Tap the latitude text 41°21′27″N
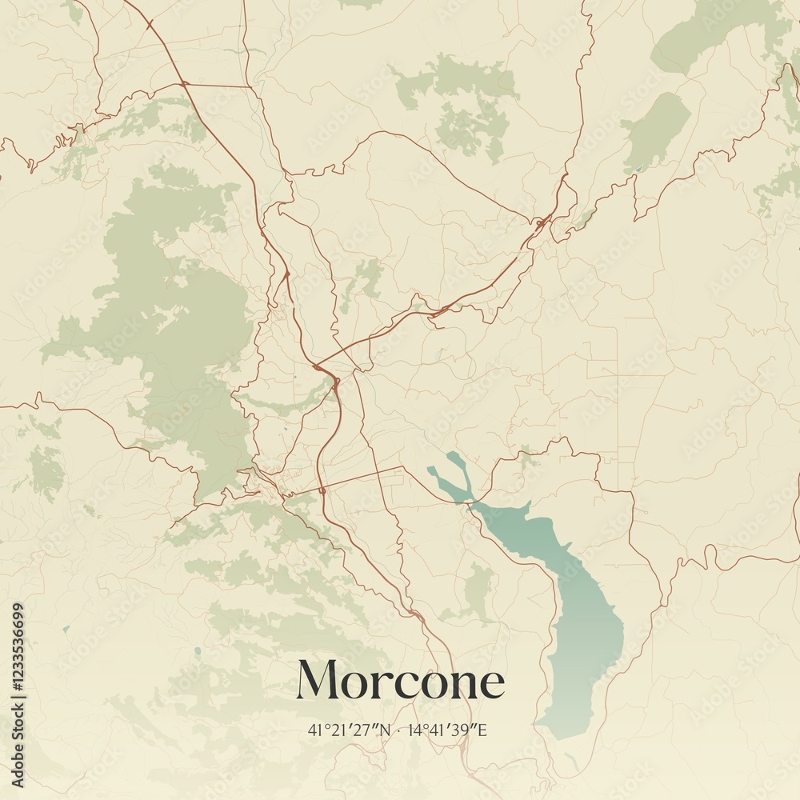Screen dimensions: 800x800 (x=350, y=730)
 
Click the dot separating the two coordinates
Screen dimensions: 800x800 (x=400, y=730)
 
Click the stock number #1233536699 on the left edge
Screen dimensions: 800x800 (x=18, y=656)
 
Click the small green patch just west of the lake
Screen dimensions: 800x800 (x=478, y=592)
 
